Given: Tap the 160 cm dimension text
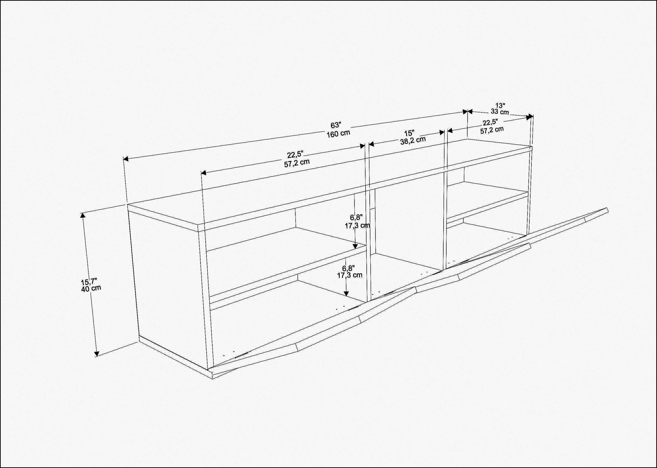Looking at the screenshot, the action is click(x=338, y=133).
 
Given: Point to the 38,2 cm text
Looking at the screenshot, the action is click(x=413, y=140).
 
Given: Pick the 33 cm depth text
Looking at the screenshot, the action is click(x=500, y=112).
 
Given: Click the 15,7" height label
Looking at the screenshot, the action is click(x=89, y=282).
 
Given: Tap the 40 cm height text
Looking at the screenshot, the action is click(x=91, y=288).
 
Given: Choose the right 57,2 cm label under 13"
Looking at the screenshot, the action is click(x=492, y=130).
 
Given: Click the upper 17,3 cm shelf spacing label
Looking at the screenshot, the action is click(x=357, y=226).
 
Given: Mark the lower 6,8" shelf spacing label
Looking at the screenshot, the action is click(x=348, y=268).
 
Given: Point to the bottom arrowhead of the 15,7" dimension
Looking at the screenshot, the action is click(x=97, y=353).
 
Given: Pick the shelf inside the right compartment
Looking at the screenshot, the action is click(x=488, y=202).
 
